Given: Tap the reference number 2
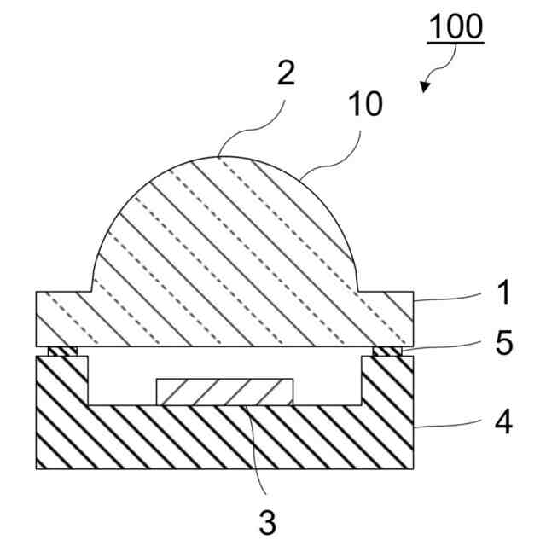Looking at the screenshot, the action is click(285, 73).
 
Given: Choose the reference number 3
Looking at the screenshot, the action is click(267, 521).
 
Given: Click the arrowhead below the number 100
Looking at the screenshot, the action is click(427, 85).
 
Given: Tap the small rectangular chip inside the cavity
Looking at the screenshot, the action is click(225, 391).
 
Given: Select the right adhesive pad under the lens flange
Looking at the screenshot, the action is click(388, 351).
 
